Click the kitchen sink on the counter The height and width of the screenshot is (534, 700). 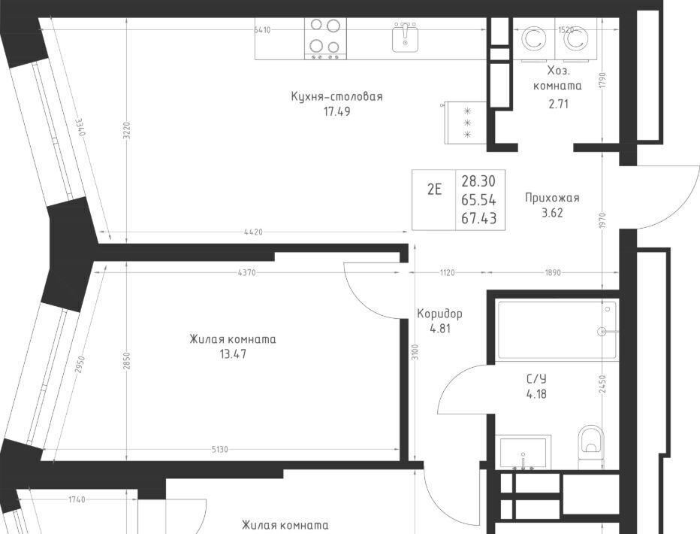(x=406, y=37)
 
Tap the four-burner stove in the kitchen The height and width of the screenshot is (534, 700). (x=325, y=38)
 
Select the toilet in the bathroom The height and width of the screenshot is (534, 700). (x=590, y=446)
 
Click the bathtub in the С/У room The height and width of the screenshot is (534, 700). (x=557, y=330)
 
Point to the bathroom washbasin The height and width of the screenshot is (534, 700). (x=523, y=451)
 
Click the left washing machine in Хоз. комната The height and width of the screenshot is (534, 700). (x=533, y=39)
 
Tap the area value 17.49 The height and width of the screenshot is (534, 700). (x=336, y=111)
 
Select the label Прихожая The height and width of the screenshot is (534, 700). (x=552, y=198)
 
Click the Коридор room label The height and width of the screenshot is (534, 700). (x=439, y=314)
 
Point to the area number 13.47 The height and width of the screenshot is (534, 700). (x=233, y=354)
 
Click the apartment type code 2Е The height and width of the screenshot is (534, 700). (x=434, y=190)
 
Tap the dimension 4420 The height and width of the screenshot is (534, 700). (x=254, y=232)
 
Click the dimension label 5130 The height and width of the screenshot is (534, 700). (x=219, y=449)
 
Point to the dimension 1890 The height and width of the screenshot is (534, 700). (x=553, y=272)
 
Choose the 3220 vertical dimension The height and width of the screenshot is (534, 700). (x=126, y=132)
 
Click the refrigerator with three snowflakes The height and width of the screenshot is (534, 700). (x=466, y=123)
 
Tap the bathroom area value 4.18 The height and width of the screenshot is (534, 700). (x=536, y=394)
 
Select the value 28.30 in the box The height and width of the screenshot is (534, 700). (x=478, y=181)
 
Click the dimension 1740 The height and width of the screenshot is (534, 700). (x=77, y=499)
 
